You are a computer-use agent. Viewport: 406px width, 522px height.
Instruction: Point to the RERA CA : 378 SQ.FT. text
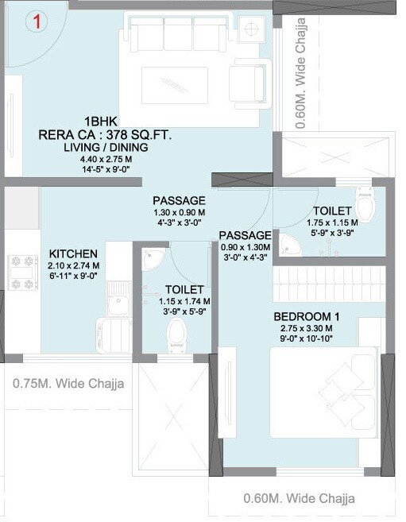(x=105, y=135)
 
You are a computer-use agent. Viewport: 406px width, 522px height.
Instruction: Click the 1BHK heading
(x=99, y=122)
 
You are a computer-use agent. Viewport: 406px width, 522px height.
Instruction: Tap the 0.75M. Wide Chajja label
(x=69, y=384)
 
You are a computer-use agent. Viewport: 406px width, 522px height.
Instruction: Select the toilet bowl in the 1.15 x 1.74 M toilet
(x=176, y=334)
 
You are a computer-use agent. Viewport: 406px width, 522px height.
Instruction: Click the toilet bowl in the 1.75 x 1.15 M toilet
(x=365, y=206)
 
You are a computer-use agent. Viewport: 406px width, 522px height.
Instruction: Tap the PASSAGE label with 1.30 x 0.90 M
(x=179, y=200)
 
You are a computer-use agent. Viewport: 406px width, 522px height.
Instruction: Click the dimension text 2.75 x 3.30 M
(x=307, y=327)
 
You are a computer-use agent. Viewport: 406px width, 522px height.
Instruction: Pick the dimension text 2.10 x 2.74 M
(x=72, y=265)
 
